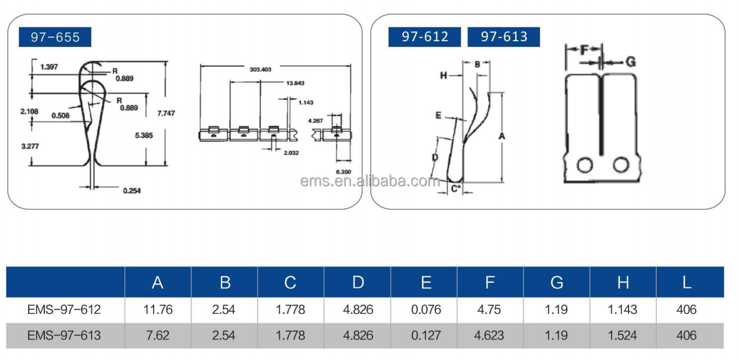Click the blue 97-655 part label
coord(55,37)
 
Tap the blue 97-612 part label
coord(424,37)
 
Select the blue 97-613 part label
coord(504,37)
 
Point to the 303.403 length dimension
coord(260,69)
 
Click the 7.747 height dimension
coord(164,113)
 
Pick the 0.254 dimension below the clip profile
coord(132,191)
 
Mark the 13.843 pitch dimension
coord(295,84)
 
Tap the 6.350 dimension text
coord(343,172)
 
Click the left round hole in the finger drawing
coord(584,165)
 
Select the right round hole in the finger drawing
coord(620,165)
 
